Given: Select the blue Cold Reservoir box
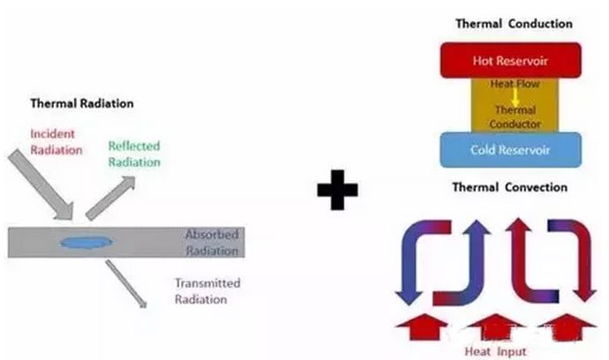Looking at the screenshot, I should tap(509, 150).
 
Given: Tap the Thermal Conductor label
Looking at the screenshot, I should tap(509, 117).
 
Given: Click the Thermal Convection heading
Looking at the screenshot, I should tap(509, 187).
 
